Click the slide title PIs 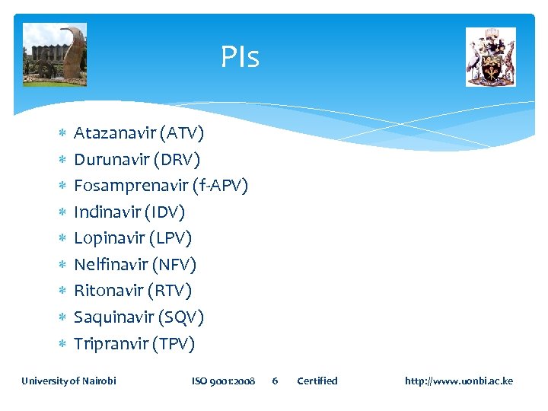click(240, 57)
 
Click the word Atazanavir click(114, 134)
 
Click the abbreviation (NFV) click(174, 265)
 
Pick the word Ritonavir click(110, 291)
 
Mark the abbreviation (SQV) click(182, 317)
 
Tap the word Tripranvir click(110, 344)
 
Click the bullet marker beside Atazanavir click(62, 135)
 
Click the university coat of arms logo click(490, 57)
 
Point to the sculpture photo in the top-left click(55, 55)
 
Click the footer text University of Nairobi click(68, 381)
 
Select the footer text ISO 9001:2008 click(223, 381)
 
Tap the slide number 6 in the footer click(275, 381)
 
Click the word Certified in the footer click(317, 381)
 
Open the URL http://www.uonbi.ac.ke click(459, 381)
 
